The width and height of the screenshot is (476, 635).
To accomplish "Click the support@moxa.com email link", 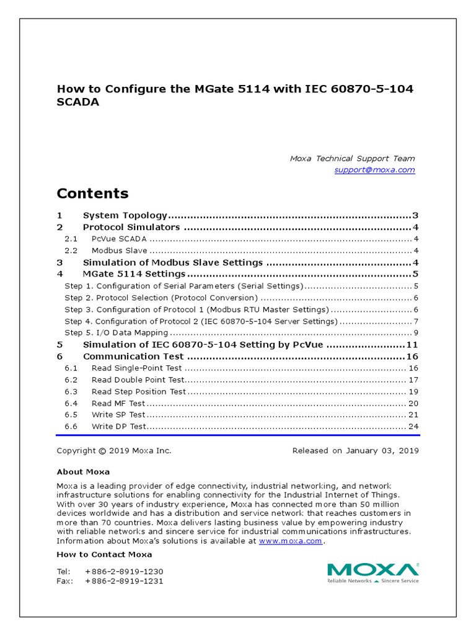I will (374, 170).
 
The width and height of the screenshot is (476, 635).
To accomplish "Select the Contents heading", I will (92, 193).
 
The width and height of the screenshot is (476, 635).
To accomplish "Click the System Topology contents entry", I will (125, 216).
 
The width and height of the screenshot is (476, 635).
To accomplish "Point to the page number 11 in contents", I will (413, 344).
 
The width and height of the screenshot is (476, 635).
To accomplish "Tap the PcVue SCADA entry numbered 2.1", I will (120, 239).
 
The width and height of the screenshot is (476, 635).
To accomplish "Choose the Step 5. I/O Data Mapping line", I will (117, 332).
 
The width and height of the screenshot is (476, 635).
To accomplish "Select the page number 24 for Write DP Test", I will (413, 427).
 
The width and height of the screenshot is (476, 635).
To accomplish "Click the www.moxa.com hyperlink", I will (290, 541).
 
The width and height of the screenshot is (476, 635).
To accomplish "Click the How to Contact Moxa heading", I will (104, 554).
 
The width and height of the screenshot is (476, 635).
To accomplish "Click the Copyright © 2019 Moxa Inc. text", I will (114, 451).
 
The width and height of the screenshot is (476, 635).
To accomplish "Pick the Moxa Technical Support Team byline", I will (352, 159).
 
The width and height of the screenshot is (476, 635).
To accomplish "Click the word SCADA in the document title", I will (78, 103).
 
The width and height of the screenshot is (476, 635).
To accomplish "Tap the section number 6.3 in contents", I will (71, 391).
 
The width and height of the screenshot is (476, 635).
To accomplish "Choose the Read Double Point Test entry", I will (138, 380).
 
